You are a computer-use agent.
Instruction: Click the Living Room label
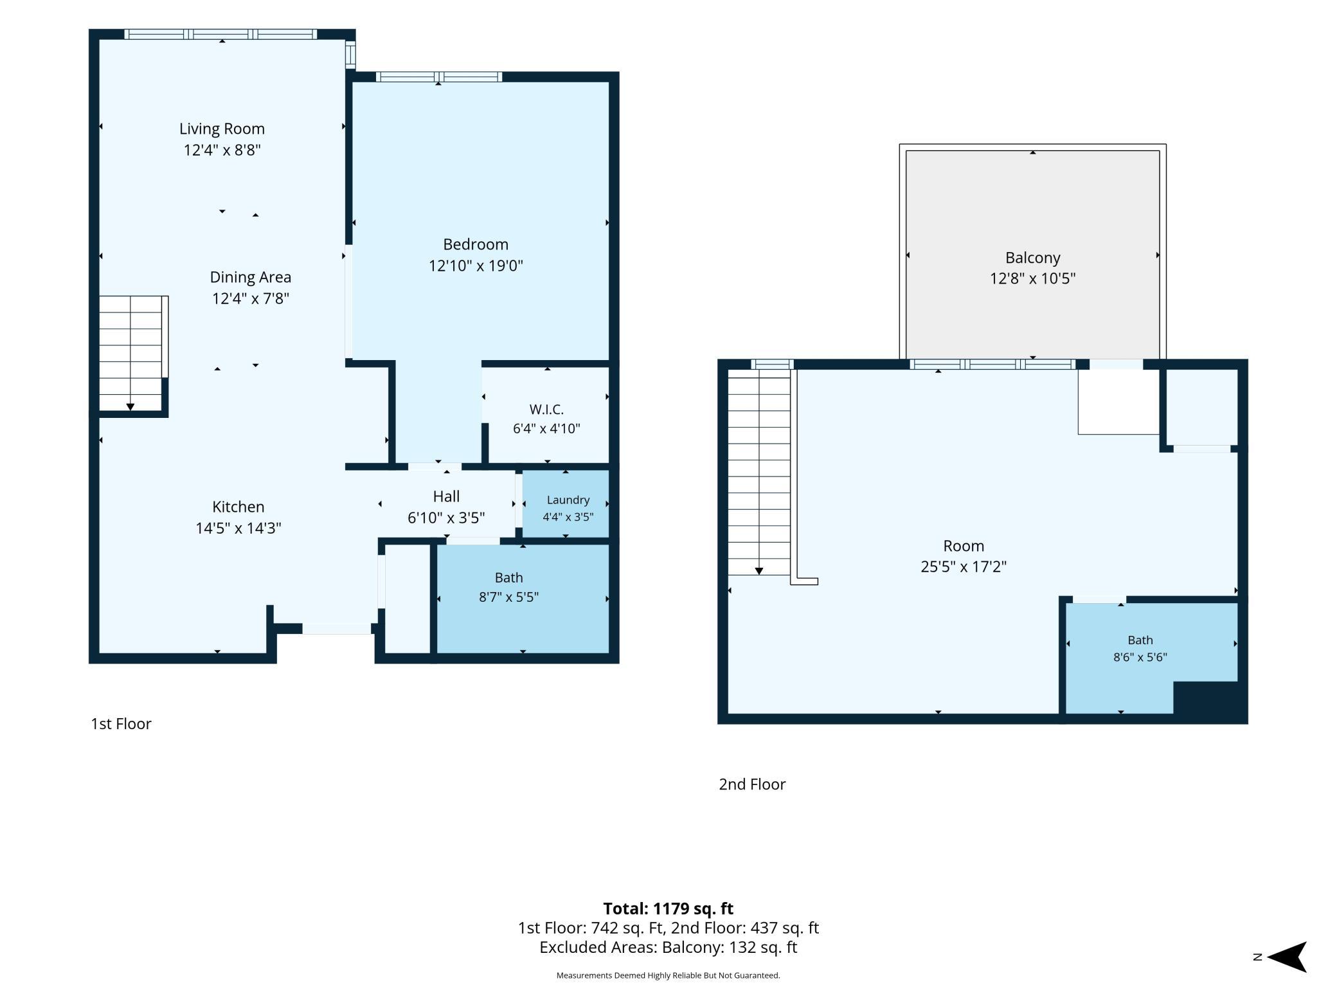(x=222, y=129)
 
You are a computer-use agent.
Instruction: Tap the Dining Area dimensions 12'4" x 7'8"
(x=251, y=298)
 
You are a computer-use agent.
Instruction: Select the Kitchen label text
(x=238, y=507)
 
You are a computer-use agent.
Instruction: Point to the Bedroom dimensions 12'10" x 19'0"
(x=476, y=266)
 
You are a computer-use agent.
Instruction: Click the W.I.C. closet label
(x=546, y=410)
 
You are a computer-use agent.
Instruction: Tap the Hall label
(x=446, y=496)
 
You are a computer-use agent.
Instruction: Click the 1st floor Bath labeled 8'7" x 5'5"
(x=523, y=599)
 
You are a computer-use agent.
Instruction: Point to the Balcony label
(x=1033, y=258)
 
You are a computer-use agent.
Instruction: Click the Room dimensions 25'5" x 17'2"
(x=964, y=566)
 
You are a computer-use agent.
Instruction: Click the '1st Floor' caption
(x=121, y=724)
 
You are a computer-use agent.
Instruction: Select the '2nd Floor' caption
(x=752, y=784)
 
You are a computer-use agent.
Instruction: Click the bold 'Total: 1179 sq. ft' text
(x=668, y=908)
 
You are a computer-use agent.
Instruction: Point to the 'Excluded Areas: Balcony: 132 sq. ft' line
(x=668, y=947)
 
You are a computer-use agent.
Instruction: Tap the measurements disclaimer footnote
(x=668, y=975)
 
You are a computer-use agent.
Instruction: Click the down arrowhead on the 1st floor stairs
(x=130, y=407)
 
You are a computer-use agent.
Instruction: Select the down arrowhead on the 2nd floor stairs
(x=759, y=571)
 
